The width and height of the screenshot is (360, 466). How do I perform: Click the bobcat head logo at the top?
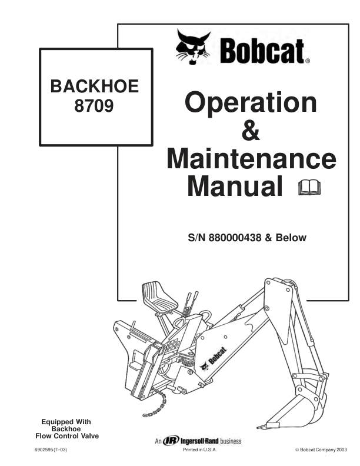click(x=193, y=46)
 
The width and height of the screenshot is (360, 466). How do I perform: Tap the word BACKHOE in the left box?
click(x=95, y=86)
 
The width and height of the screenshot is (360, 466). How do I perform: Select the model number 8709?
click(x=94, y=105)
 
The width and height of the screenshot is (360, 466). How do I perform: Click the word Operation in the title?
click(x=251, y=103)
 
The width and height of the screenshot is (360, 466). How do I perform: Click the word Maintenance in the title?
click(x=251, y=159)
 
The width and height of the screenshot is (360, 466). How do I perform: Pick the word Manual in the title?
click(x=235, y=186)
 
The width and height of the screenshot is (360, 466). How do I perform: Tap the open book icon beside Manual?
click(x=309, y=188)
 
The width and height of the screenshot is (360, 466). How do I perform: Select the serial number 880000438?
click(x=235, y=238)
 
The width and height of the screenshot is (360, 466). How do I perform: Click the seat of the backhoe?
click(x=159, y=296)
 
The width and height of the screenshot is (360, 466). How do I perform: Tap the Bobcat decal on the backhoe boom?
click(x=214, y=359)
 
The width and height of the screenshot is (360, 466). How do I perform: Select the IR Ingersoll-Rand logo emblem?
click(x=171, y=440)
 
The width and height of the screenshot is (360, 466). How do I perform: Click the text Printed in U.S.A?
click(x=200, y=450)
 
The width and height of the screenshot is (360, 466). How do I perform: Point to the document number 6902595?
click(x=44, y=450)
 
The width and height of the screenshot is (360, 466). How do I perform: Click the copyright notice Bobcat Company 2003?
click(x=321, y=450)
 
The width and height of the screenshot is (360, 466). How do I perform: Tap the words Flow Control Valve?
click(x=67, y=436)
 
